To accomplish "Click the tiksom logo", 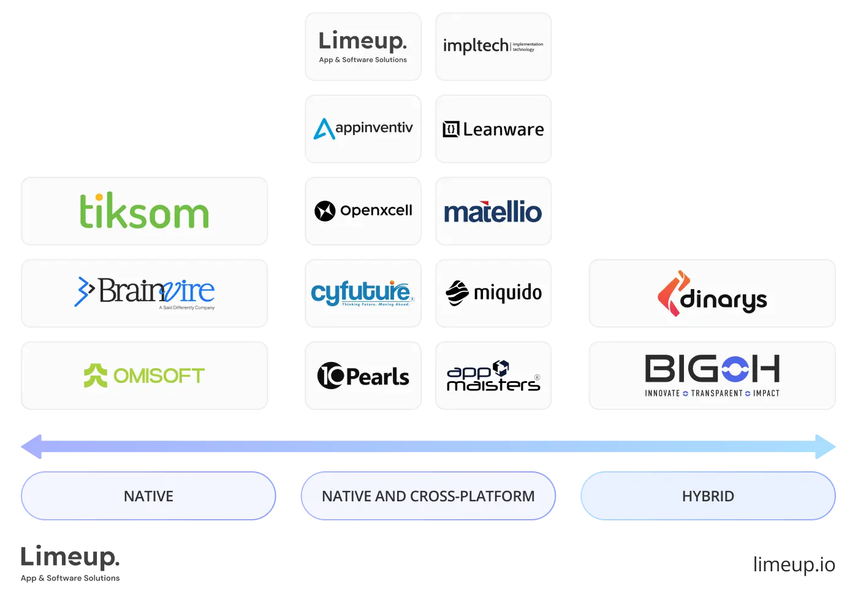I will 145,211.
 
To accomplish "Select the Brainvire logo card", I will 145,293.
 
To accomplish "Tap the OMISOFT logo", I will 145,376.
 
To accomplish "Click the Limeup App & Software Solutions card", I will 363,47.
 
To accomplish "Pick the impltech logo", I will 493,46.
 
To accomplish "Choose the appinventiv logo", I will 363,129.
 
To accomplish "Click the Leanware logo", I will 493,129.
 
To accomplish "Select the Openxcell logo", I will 363,210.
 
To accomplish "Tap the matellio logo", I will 493,212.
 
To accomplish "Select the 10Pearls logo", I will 363,376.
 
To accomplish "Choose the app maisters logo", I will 493,376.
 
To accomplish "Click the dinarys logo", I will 713,294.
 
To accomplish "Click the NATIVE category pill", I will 148,496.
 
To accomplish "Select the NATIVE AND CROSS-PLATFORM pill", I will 428,496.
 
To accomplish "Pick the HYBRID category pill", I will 708,496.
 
